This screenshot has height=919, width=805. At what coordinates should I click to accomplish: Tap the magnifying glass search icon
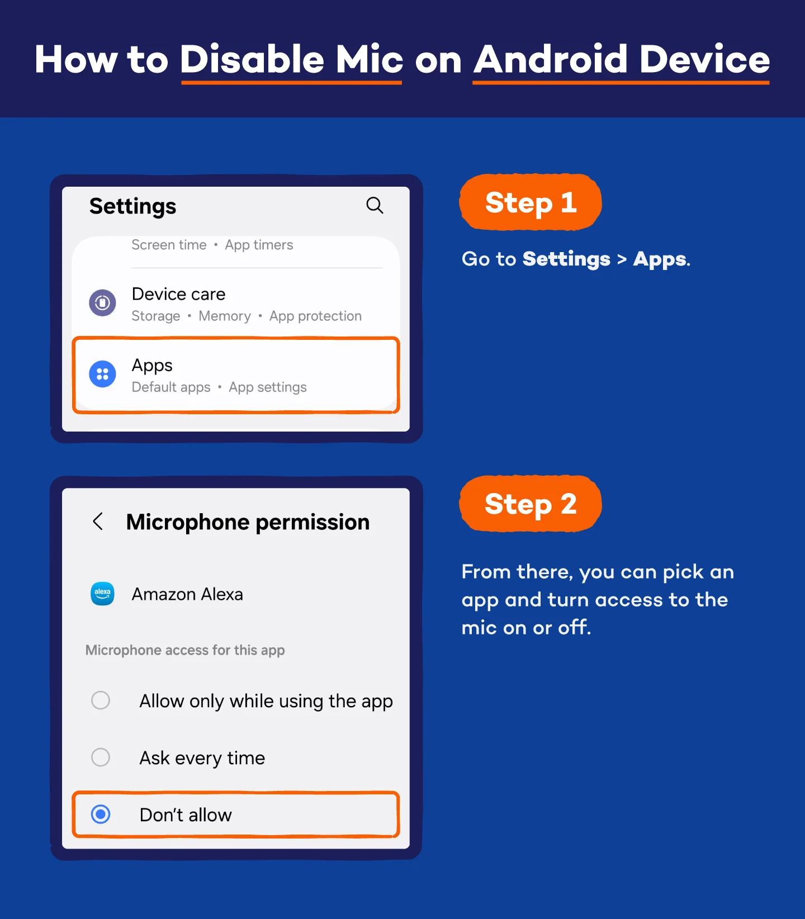[375, 205]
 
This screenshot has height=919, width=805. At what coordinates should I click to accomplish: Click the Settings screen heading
[132, 206]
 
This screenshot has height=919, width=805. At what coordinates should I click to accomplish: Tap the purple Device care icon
[102, 302]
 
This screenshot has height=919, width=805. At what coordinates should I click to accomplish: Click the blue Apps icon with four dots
[102, 374]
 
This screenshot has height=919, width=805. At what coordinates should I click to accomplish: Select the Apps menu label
[152, 366]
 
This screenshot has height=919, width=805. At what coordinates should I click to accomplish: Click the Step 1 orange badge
[530, 202]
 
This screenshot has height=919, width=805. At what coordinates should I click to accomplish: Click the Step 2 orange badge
[530, 504]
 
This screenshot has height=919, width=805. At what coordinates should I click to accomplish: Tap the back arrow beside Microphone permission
[98, 522]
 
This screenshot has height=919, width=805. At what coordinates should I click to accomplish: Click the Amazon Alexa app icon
[102, 594]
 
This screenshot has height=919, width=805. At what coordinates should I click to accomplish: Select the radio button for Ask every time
[101, 757]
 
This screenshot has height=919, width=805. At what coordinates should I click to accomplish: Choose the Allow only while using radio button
[101, 700]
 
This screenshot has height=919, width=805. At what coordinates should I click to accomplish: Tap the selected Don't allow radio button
[101, 814]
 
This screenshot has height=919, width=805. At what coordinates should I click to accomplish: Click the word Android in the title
[551, 59]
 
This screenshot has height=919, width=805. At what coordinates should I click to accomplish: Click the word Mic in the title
[369, 59]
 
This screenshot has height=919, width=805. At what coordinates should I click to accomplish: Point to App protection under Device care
[315, 316]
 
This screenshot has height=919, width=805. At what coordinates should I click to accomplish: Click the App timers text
[259, 245]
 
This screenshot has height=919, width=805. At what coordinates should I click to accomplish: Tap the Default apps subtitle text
[171, 387]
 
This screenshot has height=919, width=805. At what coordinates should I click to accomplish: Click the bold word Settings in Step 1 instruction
[566, 259]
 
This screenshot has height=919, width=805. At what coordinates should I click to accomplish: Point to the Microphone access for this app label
[185, 650]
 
